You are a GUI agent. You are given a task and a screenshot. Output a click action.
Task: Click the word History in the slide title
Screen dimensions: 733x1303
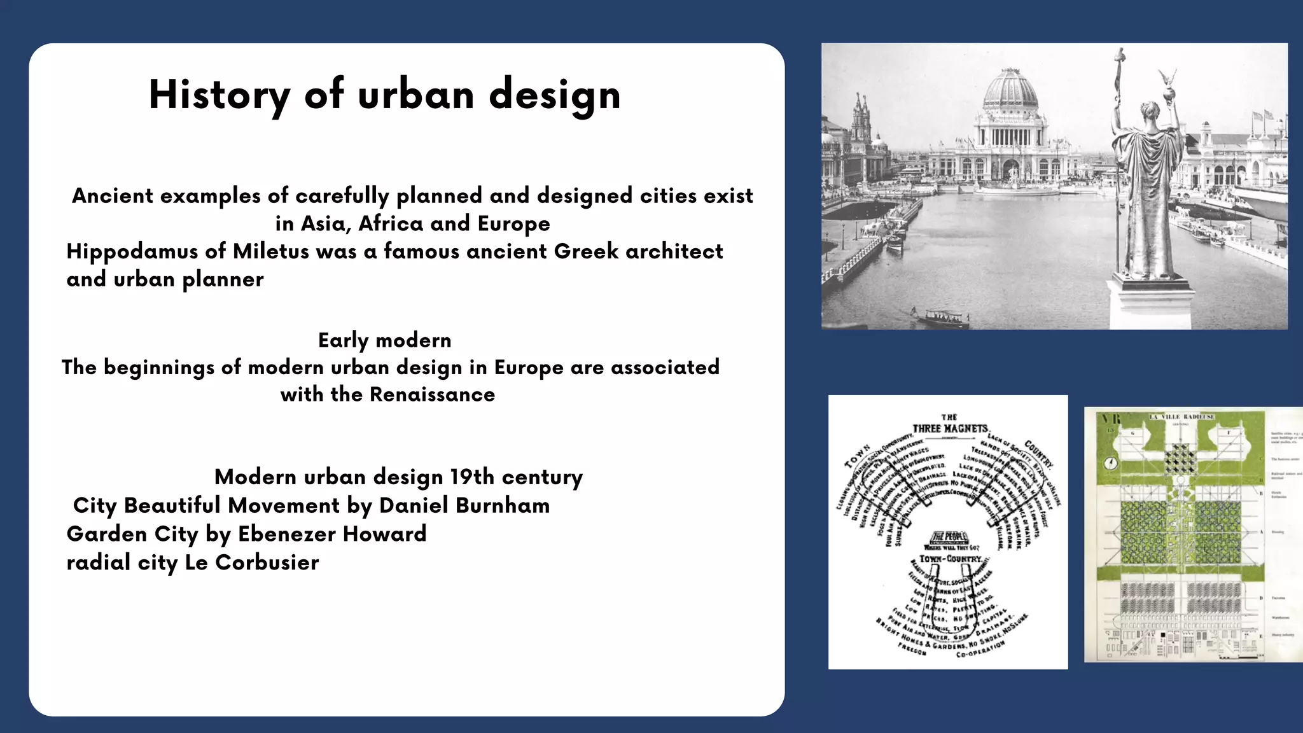(x=219, y=95)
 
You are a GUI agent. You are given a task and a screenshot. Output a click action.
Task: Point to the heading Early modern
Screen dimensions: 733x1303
(x=384, y=340)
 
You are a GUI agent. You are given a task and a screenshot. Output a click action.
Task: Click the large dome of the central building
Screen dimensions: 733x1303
(x=1010, y=89)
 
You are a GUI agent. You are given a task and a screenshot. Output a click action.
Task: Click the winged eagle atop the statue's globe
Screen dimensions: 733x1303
(x=1167, y=79)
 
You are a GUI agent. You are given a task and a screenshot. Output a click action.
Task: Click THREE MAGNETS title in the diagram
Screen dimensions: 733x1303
(x=949, y=428)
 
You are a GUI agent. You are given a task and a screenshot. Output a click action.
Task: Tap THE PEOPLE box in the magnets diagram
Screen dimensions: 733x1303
(x=949, y=537)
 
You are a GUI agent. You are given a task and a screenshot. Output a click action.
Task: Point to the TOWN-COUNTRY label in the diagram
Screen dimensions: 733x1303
(x=951, y=559)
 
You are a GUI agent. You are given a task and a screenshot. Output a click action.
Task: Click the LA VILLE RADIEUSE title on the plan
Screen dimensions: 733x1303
(x=1181, y=417)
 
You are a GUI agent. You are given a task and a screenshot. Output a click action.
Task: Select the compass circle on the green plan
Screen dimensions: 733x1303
(x=1111, y=463)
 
